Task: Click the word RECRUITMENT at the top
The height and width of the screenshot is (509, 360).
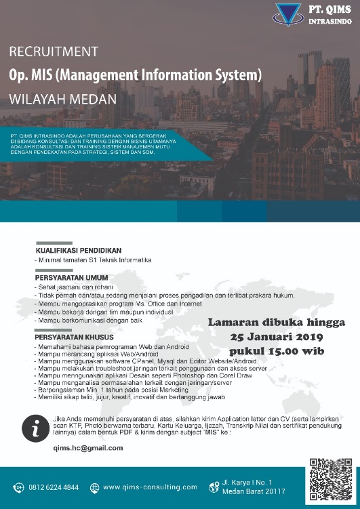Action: (x=54, y=52)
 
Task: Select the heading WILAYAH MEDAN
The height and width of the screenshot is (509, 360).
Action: (x=62, y=98)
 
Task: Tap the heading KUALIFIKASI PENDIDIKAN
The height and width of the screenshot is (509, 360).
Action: (x=78, y=250)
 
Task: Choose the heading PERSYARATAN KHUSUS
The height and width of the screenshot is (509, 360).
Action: (x=74, y=336)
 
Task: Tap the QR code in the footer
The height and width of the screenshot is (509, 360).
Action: (x=330, y=481)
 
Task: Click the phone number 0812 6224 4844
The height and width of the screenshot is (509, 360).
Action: (x=54, y=487)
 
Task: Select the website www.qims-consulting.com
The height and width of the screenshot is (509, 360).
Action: (x=150, y=487)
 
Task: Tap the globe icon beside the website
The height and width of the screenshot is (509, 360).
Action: (x=94, y=487)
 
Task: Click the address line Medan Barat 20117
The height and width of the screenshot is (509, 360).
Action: (x=254, y=491)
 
